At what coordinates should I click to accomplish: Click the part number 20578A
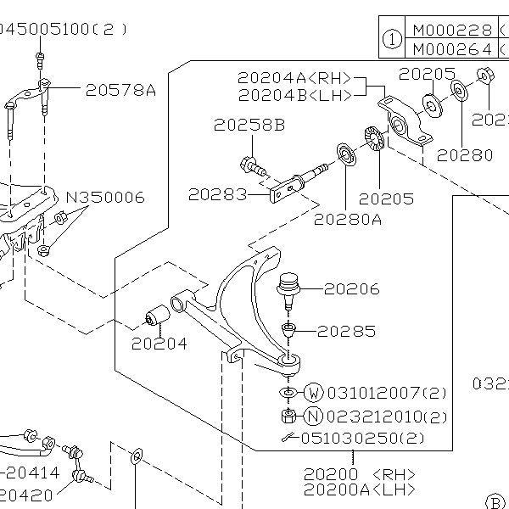click(120, 88)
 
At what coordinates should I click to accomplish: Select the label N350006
click(105, 198)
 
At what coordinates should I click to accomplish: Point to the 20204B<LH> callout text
click(294, 94)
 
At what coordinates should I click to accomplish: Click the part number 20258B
click(249, 125)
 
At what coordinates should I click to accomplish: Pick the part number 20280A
click(348, 219)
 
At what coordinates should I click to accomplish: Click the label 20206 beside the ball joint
click(351, 289)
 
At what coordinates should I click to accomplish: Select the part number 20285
click(346, 331)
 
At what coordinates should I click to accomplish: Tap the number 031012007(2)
click(387, 393)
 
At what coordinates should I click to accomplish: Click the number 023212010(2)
click(387, 417)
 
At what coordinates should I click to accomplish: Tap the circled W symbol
click(314, 393)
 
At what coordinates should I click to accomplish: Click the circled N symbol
click(314, 417)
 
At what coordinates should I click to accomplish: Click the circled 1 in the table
click(391, 38)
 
